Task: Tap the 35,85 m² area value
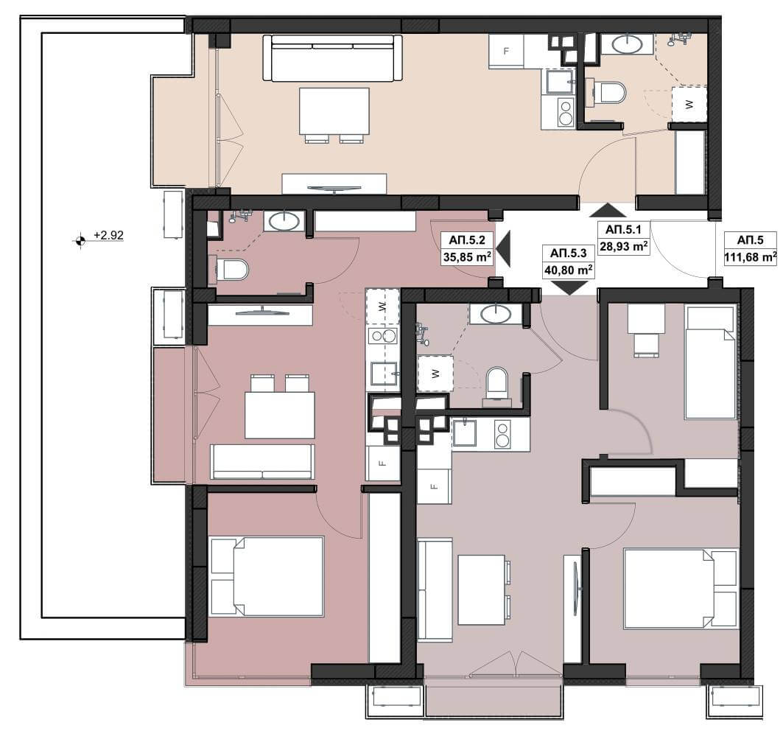point(466,257)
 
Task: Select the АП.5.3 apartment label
point(568,253)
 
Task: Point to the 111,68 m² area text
point(751,257)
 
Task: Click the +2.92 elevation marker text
point(108,235)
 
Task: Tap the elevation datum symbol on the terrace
point(80,241)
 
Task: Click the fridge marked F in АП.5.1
point(506,50)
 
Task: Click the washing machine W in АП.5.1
point(689,104)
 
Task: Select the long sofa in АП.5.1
point(333,57)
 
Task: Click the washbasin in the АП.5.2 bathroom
point(284,221)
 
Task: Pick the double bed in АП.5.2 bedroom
point(267,576)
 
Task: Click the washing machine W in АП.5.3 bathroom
point(435,374)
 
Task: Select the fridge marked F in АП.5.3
point(434,486)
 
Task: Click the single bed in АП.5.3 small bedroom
point(711,362)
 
